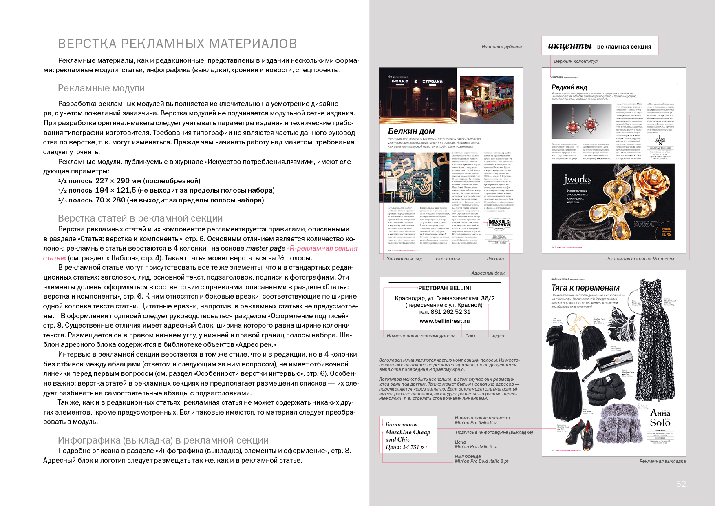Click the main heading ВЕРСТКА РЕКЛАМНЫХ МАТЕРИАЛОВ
(x=177, y=44)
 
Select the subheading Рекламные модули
(x=101, y=88)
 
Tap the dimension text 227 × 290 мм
(x=118, y=181)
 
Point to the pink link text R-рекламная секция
(x=322, y=248)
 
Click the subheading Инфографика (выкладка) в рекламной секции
(x=163, y=440)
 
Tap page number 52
(x=681, y=484)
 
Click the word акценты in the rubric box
(x=569, y=46)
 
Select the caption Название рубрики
(x=501, y=47)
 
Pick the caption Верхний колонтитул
(x=576, y=61)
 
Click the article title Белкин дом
(x=411, y=131)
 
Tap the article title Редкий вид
(x=569, y=87)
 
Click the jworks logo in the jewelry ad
(x=578, y=180)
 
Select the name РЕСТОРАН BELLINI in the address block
(x=444, y=288)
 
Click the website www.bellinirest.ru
(x=444, y=321)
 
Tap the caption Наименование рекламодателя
(x=420, y=336)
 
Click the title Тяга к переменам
(x=585, y=288)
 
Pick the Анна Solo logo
(x=660, y=418)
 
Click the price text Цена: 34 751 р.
(x=405, y=447)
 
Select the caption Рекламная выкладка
(x=662, y=461)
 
